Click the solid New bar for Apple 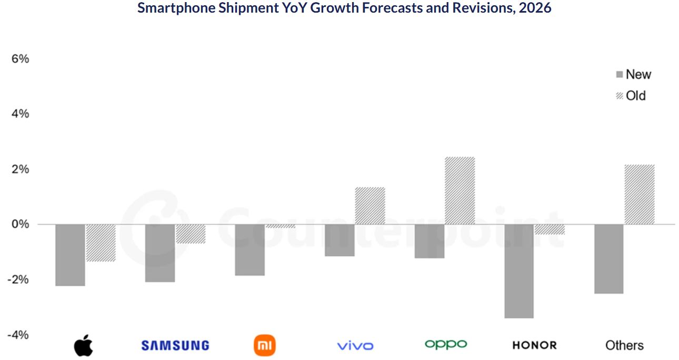pos(70,255)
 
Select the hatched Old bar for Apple pos(101,243)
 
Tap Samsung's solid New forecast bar pos(160,253)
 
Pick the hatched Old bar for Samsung pos(191,234)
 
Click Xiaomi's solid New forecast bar pos(250,249)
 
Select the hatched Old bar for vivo pos(370,206)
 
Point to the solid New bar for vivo pos(339,240)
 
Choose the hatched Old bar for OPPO pos(460,191)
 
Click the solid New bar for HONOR pos(519,271)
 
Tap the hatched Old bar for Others pos(640,194)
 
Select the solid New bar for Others pos(609,258)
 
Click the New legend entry pos(633,75)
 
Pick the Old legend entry pos(631,96)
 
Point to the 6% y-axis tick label pos(20,59)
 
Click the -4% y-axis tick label pos(18,335)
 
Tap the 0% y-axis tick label pos(20,224)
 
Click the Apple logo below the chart pos(83,345)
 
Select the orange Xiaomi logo pos(264,345)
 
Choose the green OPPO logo pos(446,344)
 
